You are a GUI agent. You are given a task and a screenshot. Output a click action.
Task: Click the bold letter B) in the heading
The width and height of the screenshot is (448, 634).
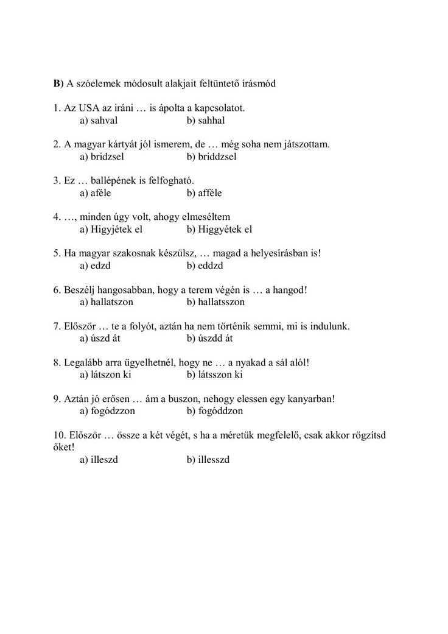58,83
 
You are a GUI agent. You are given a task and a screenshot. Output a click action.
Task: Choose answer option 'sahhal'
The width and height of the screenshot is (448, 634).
211,120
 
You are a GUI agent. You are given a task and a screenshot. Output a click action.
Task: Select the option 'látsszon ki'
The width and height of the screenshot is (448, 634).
220,375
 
